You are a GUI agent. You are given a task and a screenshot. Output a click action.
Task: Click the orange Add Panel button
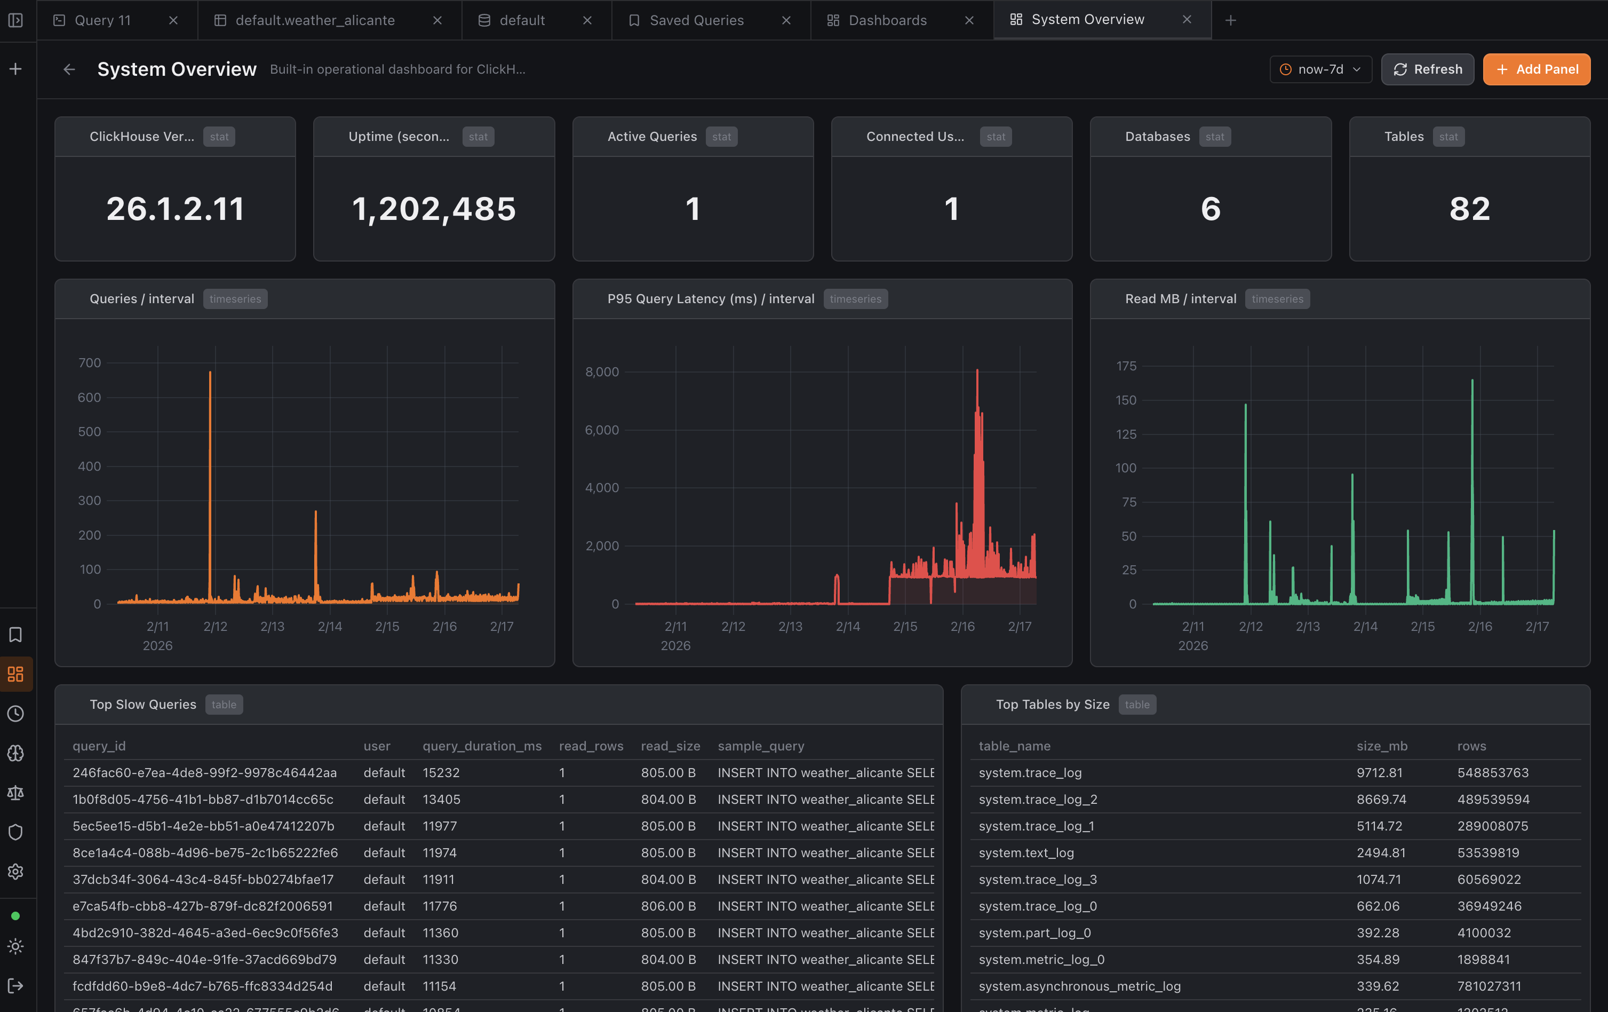(1536, 69)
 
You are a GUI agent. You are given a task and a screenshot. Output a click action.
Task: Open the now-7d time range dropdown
(1320, 69)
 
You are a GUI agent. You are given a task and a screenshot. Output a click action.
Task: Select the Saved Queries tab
(696, 20)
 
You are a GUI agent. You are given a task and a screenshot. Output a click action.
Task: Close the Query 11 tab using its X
(173, 20)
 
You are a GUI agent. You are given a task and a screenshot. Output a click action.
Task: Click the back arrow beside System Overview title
(69, 69)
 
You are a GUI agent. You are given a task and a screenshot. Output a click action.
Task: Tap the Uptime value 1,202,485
(433, 209)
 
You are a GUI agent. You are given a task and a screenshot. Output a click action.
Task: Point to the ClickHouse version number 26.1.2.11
(175, 209)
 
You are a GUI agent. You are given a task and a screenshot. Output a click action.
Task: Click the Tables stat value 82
(1469, 209)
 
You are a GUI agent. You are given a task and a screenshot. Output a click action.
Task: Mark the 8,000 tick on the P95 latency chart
(602, 372)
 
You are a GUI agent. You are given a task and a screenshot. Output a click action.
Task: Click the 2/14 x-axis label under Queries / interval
(330, 627)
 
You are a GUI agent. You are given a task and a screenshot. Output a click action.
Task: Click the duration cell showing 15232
(441, 773)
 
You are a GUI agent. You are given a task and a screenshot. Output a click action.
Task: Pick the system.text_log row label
(1026, 853)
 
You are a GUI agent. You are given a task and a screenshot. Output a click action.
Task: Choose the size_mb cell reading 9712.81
(1379, 773)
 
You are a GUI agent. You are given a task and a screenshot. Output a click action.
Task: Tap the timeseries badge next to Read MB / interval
(1277, 299)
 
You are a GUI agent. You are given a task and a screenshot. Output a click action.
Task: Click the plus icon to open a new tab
(1231, 20)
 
